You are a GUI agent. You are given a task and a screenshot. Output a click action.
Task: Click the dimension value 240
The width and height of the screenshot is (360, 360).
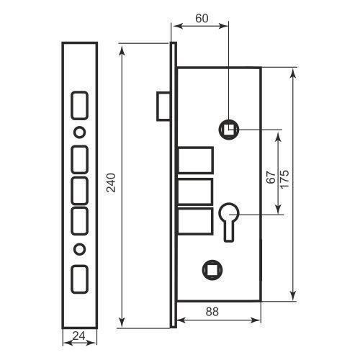point(111,182)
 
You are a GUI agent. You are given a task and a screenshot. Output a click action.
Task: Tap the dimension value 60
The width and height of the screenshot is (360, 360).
point(202,19)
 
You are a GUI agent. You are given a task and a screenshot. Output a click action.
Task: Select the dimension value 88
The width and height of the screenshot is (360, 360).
point(212,312)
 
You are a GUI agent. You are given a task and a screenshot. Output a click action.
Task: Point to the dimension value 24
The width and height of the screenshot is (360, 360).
point(79,336)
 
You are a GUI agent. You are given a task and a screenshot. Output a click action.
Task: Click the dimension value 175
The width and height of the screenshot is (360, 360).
point(285,179)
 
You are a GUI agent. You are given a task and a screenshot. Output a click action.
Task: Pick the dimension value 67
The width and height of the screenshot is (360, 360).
point(271,177)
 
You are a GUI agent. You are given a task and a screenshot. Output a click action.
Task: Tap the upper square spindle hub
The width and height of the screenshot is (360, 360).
point(229,130)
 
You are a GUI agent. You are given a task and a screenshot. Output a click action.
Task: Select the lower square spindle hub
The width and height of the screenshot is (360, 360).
point(212,269)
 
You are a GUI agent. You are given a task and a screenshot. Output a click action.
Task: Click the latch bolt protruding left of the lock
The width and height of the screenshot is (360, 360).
point(163,107)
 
